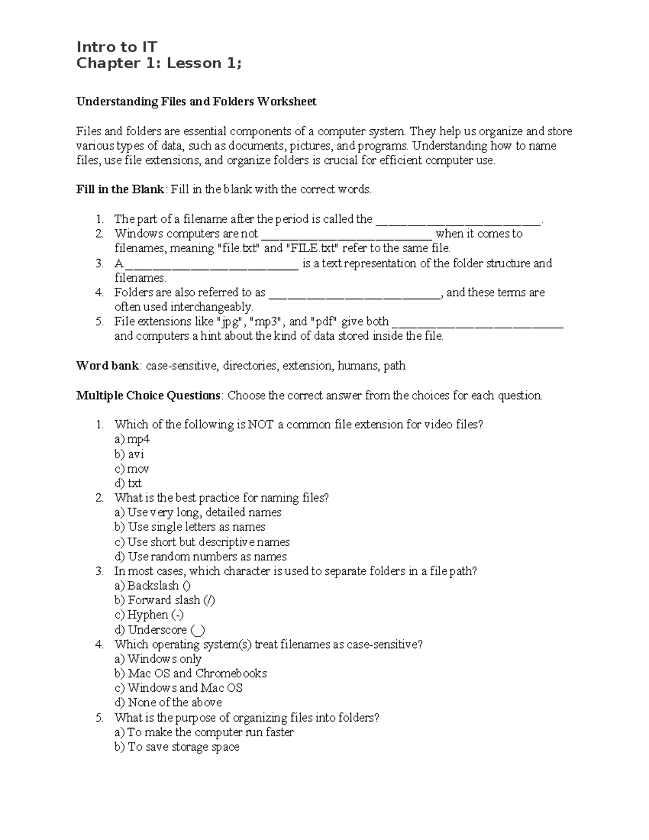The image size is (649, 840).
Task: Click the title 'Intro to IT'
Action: coord(116,47)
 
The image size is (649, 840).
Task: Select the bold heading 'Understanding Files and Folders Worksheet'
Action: coord(196,102)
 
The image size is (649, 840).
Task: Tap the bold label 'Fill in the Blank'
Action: coord(120,189)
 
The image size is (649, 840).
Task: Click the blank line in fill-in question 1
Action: coord(458,221)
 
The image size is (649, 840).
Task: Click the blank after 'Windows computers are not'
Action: coord(346,235)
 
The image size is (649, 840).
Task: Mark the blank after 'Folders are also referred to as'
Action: coord(355,294)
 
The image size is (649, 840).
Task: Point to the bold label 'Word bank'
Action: coord(108,366)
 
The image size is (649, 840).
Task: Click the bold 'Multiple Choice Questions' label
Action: coord(148,395)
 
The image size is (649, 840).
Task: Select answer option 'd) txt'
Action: coord(128,483)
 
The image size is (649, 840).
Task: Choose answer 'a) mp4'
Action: coord(131,439)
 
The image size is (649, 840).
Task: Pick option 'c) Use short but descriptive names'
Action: coord(202,542)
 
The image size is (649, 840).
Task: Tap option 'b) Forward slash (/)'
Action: coord(165,600)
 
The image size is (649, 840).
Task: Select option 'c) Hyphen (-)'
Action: coord(149,614)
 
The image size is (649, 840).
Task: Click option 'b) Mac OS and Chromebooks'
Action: coord(190,673)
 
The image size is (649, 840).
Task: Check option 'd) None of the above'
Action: coord(168,703)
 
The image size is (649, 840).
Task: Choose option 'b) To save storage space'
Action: coord(177,747)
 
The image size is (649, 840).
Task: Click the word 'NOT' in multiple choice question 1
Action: coord(261,425)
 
